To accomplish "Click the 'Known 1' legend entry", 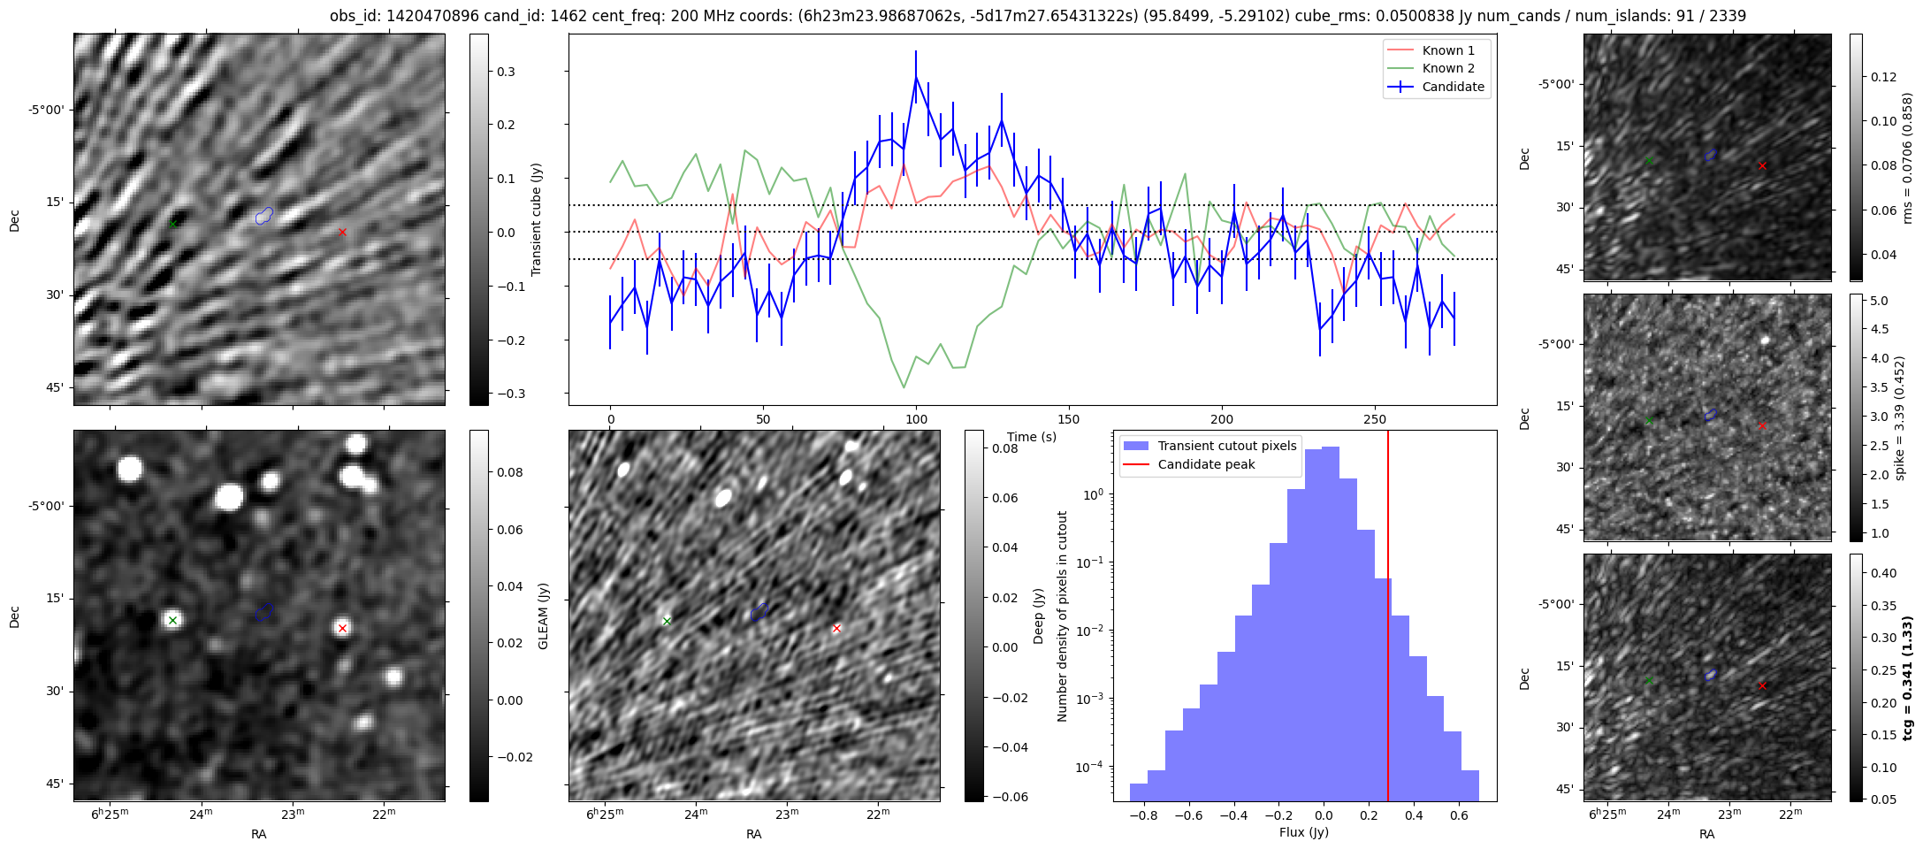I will point(1447,50).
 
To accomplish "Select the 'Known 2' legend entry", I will point(1447,68).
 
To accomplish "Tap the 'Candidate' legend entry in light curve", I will point(1453,87).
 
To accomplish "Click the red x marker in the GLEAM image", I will point(342,628).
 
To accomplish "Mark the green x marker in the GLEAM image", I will point(172,620).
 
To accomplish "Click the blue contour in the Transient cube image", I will point(264,215).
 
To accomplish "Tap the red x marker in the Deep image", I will point(836,628).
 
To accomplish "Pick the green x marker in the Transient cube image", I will point(172,224).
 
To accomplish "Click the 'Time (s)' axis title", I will point(1032,437).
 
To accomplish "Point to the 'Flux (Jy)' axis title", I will point(1303,832).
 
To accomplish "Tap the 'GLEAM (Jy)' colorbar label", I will point(543,616).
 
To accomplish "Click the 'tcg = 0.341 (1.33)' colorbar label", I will point(1907,678).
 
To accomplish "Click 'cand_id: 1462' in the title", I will point(506,16).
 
